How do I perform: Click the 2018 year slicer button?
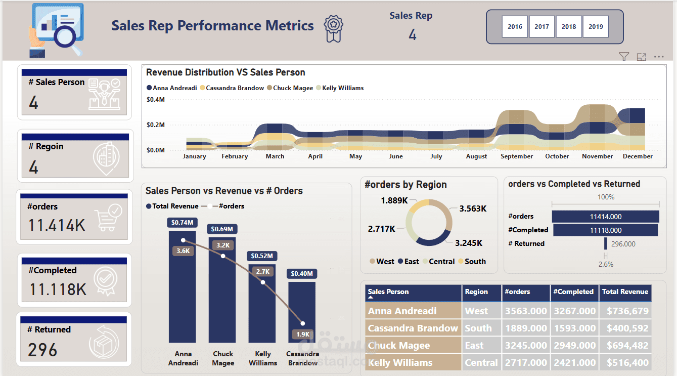click(569, 27)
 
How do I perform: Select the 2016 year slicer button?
click(515, 27)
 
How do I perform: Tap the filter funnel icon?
click(624, 57)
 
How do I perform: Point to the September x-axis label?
click(517, 156)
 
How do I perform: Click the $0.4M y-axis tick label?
click(155, 100)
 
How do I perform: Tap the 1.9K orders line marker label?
click(302, 335)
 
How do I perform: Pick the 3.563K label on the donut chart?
click(472, 208)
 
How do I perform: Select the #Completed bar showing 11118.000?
click(605, 230)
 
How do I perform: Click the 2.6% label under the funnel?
click(605, 264)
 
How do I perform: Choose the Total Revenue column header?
click(625, 292)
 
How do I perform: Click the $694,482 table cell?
click(625, 346)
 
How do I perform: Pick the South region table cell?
click(478, 328)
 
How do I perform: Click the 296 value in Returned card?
click(43, 350)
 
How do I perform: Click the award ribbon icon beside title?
click(334, 28)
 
